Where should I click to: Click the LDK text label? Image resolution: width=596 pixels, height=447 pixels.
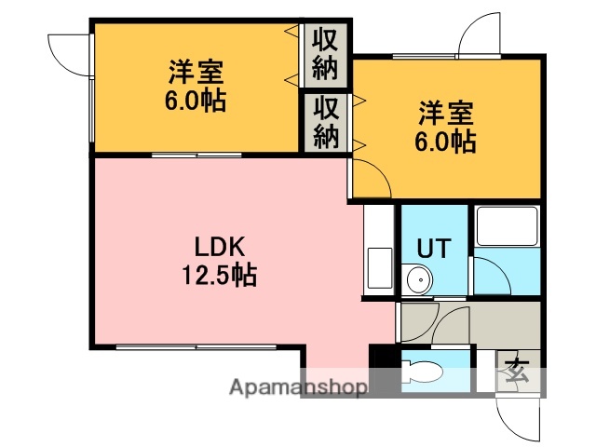point(219,248)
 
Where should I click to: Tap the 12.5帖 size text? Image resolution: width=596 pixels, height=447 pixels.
point(220,276)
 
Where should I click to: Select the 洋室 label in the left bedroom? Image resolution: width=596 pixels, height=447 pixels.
point(196,72)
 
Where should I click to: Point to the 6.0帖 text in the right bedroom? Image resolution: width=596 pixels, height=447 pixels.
point(446,142)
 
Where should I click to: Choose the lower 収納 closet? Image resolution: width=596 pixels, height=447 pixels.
point(325,122)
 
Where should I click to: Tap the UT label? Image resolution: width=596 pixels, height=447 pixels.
point(433,249)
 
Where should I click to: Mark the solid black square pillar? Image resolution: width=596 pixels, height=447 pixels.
point(383,358)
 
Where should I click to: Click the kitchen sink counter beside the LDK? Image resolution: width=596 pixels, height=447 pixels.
point(378,251)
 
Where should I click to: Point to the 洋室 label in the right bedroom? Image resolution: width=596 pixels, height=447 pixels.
point(446,115)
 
